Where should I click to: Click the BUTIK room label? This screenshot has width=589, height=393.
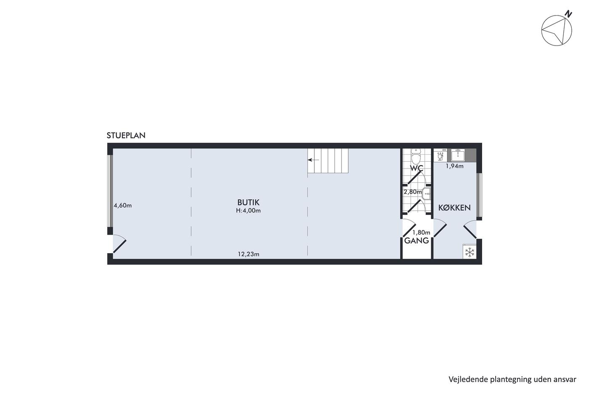coord(248,203)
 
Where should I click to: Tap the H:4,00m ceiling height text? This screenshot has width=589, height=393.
coord(248,211)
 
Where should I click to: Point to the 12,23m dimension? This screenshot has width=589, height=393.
coord(249,254)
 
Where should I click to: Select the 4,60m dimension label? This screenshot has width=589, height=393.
coord(122,206)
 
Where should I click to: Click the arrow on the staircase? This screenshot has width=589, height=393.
coord(313,160)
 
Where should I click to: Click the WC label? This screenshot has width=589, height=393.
coord(417,168)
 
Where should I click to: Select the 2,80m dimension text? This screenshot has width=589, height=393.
coord(413,192)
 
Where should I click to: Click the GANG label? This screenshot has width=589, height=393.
coord(417,241)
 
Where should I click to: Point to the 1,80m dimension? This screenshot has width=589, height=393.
coord(421,233)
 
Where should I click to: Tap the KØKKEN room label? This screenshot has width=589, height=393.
coord(454,208)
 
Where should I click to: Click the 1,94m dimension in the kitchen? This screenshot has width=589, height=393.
coord(454,166)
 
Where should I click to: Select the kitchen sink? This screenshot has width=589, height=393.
coord(458,155)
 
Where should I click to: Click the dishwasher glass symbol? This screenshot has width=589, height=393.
coord(440,157)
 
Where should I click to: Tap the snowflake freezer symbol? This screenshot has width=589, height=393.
coord(470,252)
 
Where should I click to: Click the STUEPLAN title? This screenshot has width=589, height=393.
coord(126,135)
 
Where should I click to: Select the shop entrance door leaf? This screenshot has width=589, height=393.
coord(119,247)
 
